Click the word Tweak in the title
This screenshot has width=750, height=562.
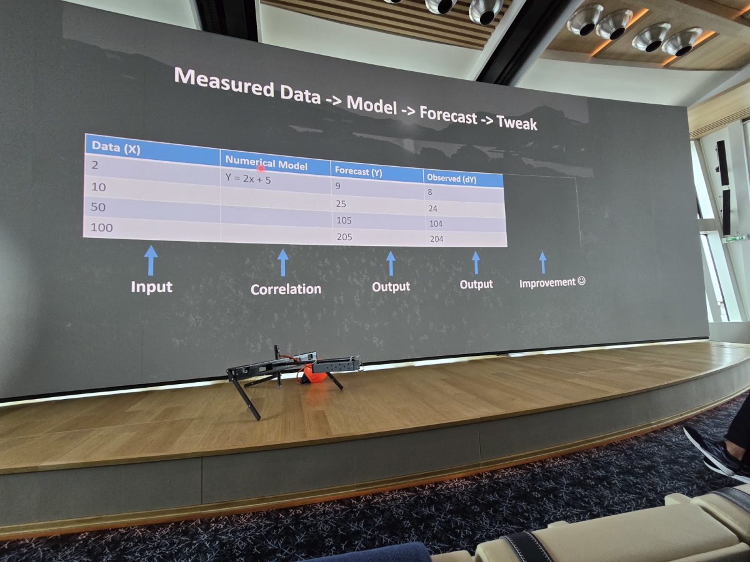(x=516, y=123)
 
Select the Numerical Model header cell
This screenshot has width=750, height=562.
(x=266, y=163)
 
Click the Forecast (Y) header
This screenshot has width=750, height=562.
(x=358, y=171)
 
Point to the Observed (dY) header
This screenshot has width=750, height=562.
(x=451, y=179)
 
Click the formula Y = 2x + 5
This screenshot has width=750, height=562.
(x=248, y=179)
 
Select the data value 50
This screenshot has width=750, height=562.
(x=98, y=207)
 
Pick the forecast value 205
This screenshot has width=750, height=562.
(x=344, y=237)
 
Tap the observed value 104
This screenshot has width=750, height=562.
(x=436, y=224)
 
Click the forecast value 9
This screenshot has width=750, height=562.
(x=338, y=186)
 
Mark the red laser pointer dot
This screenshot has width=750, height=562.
(x=261, y=168)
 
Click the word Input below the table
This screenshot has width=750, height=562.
(x=152, y=287)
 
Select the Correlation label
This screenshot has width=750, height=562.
(x=286, y=289)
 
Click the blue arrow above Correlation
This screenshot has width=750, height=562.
(x=283, y=262)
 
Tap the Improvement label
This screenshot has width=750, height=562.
(x=547, y=283)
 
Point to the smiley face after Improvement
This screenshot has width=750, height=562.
(x=581, y=281)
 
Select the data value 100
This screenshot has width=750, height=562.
(x=102, y=227)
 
